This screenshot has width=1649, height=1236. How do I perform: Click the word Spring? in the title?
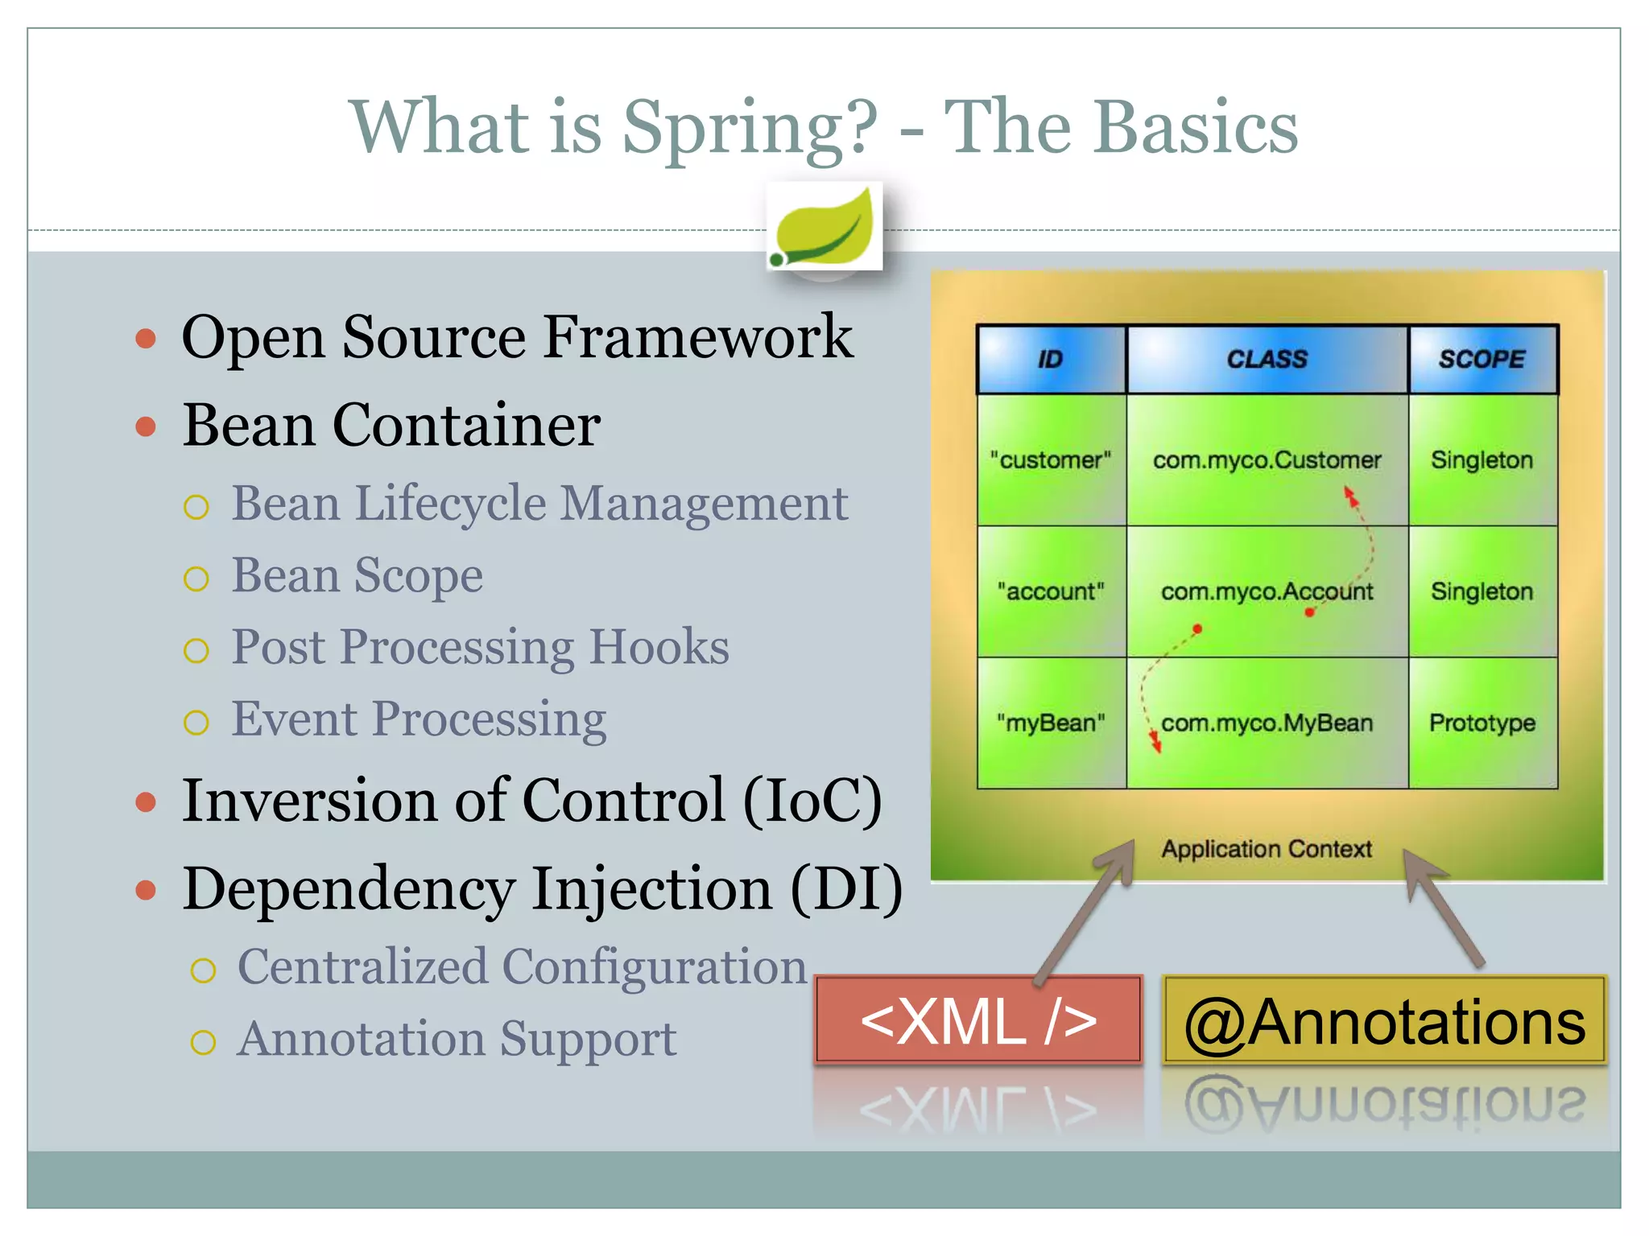pyautogui.click(x=749, y=127)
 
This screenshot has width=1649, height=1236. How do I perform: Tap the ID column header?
pyautogui.click(x=1050, y=359)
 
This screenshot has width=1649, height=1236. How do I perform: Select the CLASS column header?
pyautogui.click(x=1267, y=359)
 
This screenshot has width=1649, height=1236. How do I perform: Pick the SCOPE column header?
pyautogui.click(x=1482, y=359)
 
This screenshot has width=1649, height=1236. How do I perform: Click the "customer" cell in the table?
pyautogui.click(x=1050, y=460)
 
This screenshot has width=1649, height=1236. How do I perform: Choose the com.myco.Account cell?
pyautogui.click(x=1267, y=592)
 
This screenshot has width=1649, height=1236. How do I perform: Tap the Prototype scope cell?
pyautogui.click(x=1482, y=723)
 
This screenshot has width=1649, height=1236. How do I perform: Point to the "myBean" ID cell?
pyautogui.click(x=1050, y=723)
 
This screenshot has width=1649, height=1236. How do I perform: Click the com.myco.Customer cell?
pyautogui.click(x=1267, y=460)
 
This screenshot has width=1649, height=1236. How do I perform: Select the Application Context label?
pyautogui.click(x=1266, y=849)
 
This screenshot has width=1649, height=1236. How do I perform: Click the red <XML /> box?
pyautogui.click(x=978, y=1020)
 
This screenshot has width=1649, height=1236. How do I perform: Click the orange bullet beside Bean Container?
pyautogui.click(x=146, y=426)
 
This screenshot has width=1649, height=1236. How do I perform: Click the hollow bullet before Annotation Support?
pyautogui.click(x=203, y=1042)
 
